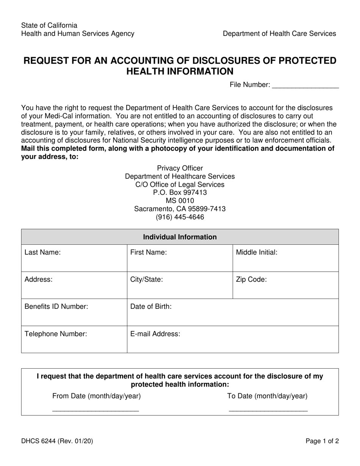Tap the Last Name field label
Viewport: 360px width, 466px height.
(x=42, y=252)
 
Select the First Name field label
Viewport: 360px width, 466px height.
(x=148, y=252)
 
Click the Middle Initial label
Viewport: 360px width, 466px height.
(x=257, y=252)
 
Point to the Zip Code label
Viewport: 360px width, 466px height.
(x=251, y=280)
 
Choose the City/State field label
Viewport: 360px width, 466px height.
(x=147, y=280)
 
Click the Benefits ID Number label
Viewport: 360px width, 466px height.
(x=56, y=306)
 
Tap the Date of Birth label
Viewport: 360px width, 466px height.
(x=151, y=306)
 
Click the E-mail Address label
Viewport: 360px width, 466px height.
(x=155, y=334)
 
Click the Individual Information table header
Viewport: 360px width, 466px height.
(x=180, y=237)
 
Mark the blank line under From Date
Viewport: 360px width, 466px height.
(x=95, y=410)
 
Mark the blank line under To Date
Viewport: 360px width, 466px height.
(x=268, y=410)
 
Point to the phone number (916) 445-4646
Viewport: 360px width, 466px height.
(x=180, y=217)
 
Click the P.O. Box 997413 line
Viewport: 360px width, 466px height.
(x=180, y=192)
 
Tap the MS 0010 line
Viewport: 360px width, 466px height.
(x=180, y=200)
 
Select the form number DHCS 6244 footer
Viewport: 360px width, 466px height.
(x=57, y=441)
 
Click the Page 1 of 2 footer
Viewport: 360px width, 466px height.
(x=322, y=441)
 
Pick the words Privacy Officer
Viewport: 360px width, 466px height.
(x=180, y=168)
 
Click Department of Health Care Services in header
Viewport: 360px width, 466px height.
(x=279, y=34)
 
